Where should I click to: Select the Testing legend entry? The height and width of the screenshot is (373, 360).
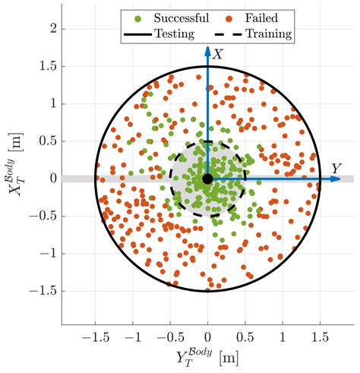tap(173, 34)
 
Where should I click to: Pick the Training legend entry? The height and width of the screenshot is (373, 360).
tap(267, 34)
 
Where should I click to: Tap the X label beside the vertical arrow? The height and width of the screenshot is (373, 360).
tap(218, 54)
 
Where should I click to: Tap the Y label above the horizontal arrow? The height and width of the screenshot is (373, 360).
tap(335, 168)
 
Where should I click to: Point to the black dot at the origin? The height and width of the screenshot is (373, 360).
tap(207, 179)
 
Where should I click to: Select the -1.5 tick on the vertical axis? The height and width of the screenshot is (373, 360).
tap(45, 291)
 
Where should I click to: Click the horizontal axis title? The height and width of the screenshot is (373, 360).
tap(207, 356)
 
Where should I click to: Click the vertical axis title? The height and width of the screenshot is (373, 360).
tap(17, 179)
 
